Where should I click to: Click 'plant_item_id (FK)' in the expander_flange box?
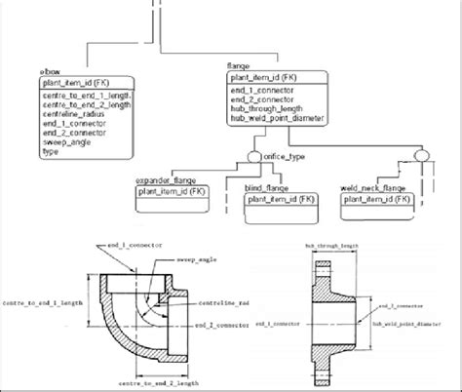tap(172, 193)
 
